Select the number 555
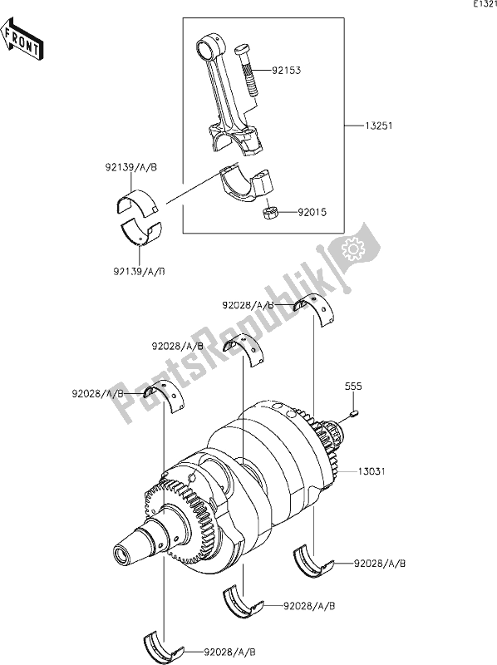(x=354, y=387)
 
